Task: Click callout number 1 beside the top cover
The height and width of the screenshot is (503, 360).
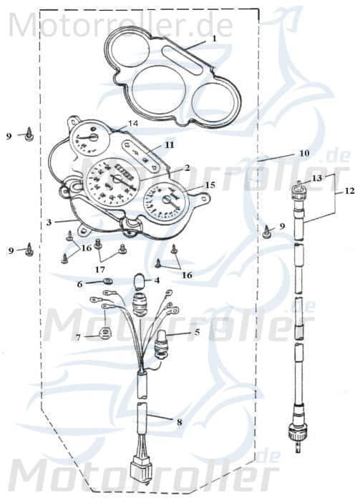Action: click(x=212, y=40)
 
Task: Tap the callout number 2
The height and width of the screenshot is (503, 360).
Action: click(x=186, y=168)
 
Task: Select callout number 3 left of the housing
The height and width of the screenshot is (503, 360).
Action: click(x=49, y=223)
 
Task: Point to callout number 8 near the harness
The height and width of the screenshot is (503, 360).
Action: click(x=179, y=422)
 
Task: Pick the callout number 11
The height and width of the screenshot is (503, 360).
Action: click(x=169, y=145)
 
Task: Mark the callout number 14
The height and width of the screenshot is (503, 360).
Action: click(x=132, y=124)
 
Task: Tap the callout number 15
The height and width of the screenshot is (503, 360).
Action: click(x=210, y=185)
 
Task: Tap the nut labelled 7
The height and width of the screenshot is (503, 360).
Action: click(x=104, y=332)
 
